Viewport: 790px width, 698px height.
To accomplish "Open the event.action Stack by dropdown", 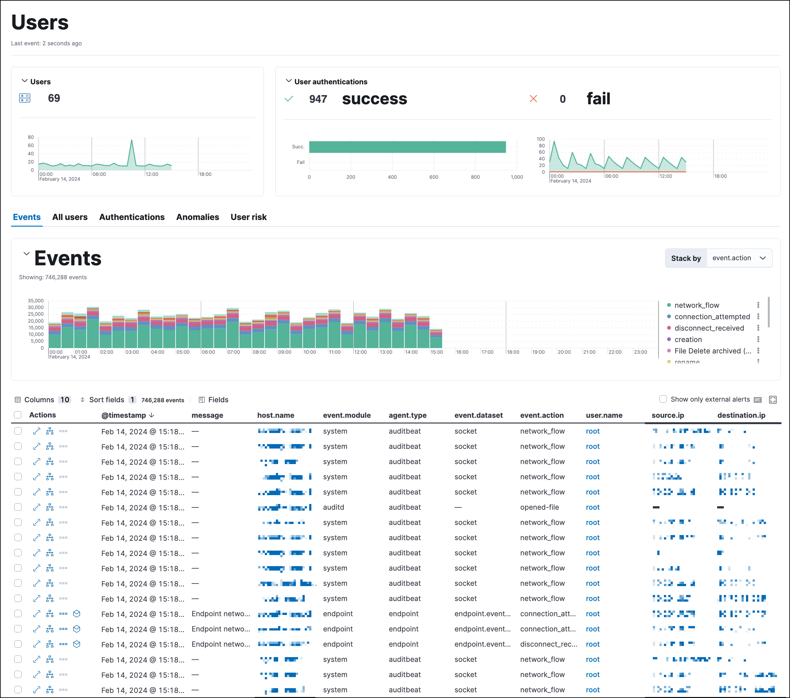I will click(739, 258).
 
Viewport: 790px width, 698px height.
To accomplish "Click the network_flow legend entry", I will click(697, 305).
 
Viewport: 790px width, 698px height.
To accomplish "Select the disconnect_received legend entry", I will click(709, 328).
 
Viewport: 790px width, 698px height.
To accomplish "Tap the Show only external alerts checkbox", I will click(663, 399).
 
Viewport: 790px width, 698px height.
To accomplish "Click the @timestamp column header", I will click(124, 415).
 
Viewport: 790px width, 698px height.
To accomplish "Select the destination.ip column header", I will click(741, 415).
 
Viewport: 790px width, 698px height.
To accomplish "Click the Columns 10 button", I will click(42, 399).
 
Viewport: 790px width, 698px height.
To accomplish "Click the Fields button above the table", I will click(213, 399).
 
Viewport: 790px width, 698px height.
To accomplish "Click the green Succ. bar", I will click(407, 147).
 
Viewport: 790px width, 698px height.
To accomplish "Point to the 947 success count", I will click(318, 99).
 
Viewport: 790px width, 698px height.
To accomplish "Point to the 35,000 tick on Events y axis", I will click(35, 301).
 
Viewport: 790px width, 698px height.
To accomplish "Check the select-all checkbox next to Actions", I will click(17, 415).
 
